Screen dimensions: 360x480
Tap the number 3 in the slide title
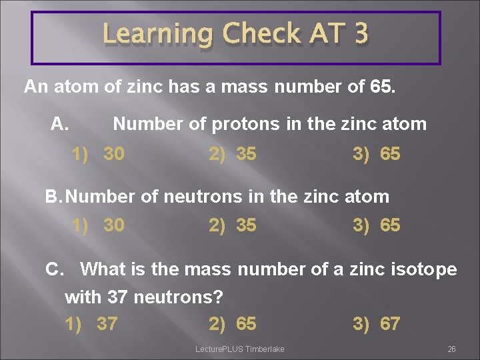click(x=360, y=34)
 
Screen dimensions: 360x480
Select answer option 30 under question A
click(x=113, y=154)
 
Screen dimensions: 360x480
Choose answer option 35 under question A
click(x=246, y=154)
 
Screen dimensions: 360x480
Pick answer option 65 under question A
click(x=390, y=154)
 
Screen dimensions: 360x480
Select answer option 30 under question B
click(x=113, y=225)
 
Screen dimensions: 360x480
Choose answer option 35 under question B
click(x=246, y=225)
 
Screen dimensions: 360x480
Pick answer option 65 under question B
click(x=390, y=225)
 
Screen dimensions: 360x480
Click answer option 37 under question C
click(x=107, y=324)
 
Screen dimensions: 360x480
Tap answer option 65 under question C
click(x=246, y=324)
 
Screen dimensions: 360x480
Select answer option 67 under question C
click(x=390, y=324)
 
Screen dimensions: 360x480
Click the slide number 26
click(x=451, y=349)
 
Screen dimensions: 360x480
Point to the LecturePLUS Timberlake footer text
click(x=239, y=349)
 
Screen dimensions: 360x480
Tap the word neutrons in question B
click(x=200, y=197)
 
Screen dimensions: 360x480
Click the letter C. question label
click(x=55, y=269)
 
